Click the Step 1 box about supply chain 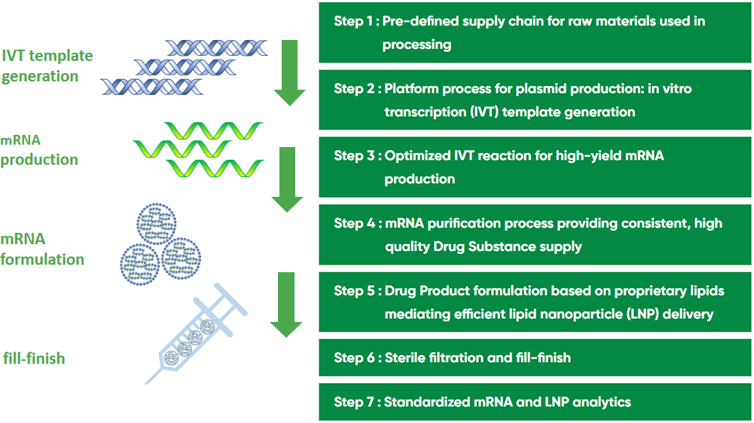tap(535, 32)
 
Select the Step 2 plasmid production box tap(535, 100)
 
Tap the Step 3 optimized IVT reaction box tap(535, 167)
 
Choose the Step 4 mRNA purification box tap(535, 234)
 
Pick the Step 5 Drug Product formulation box tap(535, 302)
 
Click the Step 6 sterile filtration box tap(535, 357)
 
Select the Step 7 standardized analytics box tap(535, 402)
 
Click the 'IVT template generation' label tap(47, 66)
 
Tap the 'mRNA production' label tap(39, 149)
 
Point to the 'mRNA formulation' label tap(42, 249)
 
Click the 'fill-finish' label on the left tap(34, 358)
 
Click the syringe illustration tap(195, 333)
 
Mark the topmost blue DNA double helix tap(217, 48)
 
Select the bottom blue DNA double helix tap(152, 87)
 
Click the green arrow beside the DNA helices tap(289, 72)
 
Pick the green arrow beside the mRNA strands tap(288, 179)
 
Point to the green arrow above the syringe tap(286, 305)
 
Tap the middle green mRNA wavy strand tap(182, 149)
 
